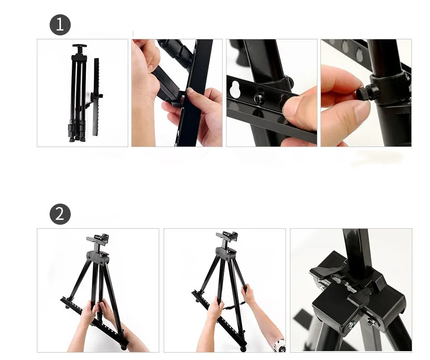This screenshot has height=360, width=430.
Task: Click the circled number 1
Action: (x=60, y=25)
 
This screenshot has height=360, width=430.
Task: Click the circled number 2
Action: (x=60, y=214)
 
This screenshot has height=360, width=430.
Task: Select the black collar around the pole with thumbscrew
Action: (x=391, y=86)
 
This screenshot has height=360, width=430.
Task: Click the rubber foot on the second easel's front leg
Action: (x=242, y=348)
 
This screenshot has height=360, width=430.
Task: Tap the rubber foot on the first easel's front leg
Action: (x=123, y=347)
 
